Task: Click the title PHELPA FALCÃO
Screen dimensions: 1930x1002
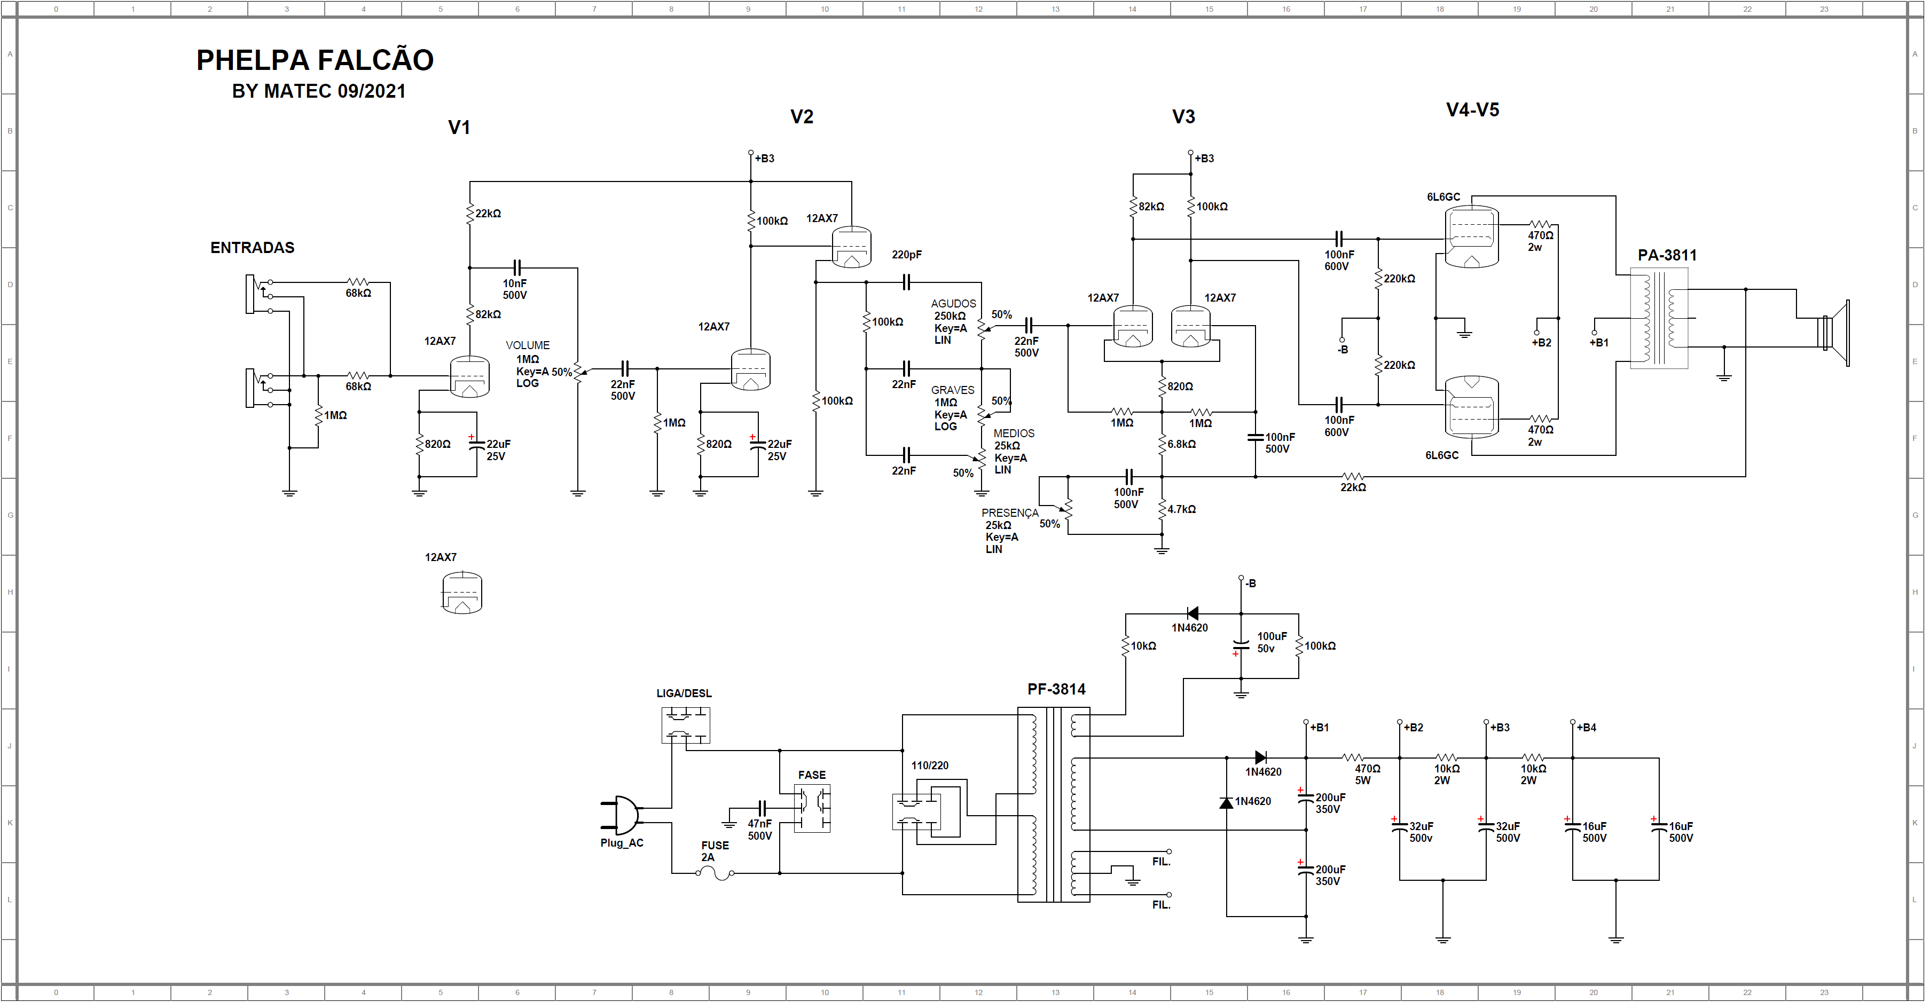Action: [x=315, y=60]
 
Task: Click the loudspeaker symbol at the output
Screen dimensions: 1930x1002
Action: [x=1835, y=333]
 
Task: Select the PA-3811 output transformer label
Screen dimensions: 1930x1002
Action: [x=1667, y=255]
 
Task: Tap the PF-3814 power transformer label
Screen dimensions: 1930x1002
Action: [x=1056, y=689]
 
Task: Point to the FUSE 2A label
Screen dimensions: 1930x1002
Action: [x=715, y=851]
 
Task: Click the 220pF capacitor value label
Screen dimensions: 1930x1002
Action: [x=907, y=255]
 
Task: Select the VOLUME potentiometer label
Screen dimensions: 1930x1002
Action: [x=528, y=345]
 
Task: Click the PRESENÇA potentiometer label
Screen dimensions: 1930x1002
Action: [x=1010, y=513]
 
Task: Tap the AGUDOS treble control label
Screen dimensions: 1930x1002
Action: [x=954, y=303]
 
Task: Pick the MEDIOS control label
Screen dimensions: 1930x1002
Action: [x=1014, y=433]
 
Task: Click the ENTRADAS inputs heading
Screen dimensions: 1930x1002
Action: [x=253, y=248]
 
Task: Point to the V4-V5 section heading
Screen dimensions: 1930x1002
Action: [x=1472, y=110]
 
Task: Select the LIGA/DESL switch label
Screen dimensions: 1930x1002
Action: [x=684, y=693]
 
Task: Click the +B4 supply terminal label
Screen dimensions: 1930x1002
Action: [x=1586, y=727]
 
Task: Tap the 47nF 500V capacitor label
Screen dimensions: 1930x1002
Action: [x=760, y=830]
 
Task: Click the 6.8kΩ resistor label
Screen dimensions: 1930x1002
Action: [x=1181, y=444]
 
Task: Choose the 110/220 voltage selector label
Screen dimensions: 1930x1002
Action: [x=930, y=766]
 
